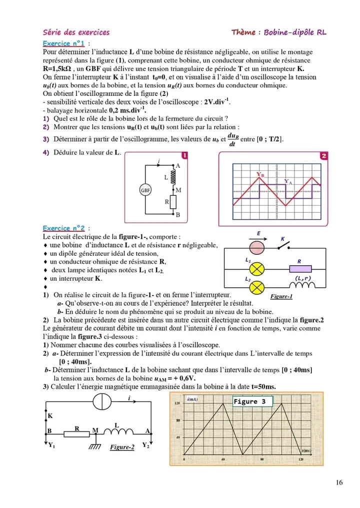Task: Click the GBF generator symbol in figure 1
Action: pyautogui.click(x=144, y=190)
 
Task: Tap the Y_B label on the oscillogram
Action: pyautogui.click(x=261, y=174)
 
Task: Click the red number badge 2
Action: pyautogui.click(x=324, y=156)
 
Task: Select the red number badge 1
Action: pyautogui.click(x=184, y=156)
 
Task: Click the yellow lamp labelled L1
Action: pyautogui.click(x=257, y=269)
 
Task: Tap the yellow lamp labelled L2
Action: pyautogui.click(x=257, y=287)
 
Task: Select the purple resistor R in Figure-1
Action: pyautogui.click(x=299, y=269)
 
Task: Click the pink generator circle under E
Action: pyautogui.click(x=257, y=248)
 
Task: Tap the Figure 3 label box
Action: pyautogui.click(x=253, y=401)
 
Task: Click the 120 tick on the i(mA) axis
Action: pyautogui.click(x=176, y=403)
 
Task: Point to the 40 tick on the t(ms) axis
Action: pyautogui.click(x=223, y=458)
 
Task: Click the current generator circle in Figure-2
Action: pyautogui.click(x=102, y=401)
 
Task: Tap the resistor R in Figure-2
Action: pyautogui.click(x=76, y=433)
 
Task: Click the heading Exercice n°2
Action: pyautogui.click(x=63, y=227)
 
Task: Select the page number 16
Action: pyautogui.click(x=339, y=482)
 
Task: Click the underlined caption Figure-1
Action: pyautogui.click(x=281, y=297)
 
